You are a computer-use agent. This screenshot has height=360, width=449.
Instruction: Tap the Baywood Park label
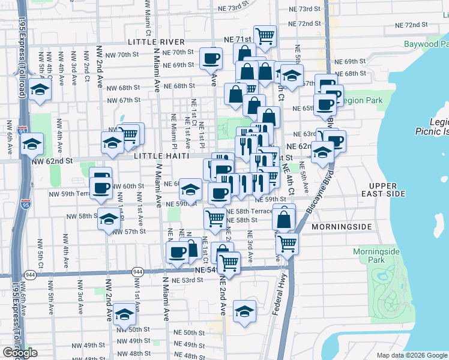click(426, 44)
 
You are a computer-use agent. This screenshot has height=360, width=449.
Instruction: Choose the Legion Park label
click(361, 100)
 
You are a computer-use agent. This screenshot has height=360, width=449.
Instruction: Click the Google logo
click(20, 353)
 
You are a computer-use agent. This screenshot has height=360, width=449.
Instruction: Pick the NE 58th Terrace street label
click(249, 211)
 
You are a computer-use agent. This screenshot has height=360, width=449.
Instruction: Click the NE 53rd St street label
click(188, 280)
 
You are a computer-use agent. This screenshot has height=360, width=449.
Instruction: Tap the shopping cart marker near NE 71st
click(265, 35)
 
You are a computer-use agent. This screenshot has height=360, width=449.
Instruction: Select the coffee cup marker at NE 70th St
click(211, 58)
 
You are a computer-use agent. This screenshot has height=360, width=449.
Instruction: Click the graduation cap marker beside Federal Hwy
click(244, 311)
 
